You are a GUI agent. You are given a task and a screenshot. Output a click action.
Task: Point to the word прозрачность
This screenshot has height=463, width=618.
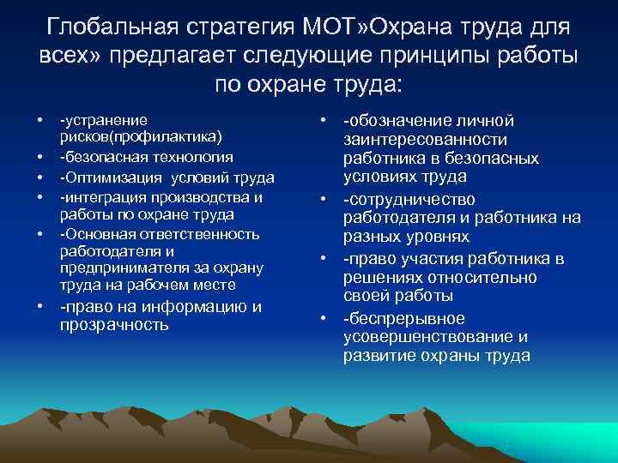[x=114, y=325]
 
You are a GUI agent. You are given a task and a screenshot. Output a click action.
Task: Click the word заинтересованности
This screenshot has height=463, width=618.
[x=425, y=139]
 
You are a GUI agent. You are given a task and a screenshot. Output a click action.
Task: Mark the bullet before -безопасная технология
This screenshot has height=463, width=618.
[x=41, y=158]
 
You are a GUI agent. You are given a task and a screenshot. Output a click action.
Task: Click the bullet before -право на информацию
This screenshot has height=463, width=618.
[x=41, y=308]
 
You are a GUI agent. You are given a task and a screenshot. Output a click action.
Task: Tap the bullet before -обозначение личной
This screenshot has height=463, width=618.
[x=324, y=121]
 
